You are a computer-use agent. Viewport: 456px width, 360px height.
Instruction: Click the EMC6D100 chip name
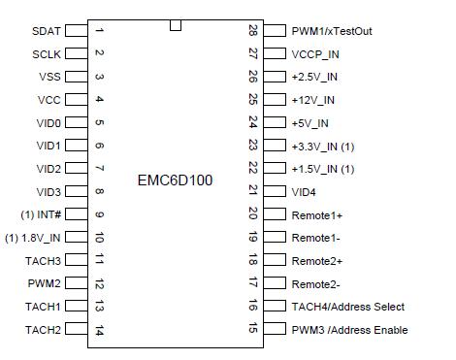pyautogui.click(x=176, y=180)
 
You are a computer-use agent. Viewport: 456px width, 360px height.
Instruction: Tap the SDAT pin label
pyautogui.click(x=46, y=31)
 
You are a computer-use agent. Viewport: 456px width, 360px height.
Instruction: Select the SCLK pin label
pyautogui.click(x=46, y=54)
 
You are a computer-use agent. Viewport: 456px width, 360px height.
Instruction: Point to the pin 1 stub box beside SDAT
pyautogui.click(x=77, y=31)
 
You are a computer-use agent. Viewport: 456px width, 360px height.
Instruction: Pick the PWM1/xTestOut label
pyautogui.click(x=332, y=31)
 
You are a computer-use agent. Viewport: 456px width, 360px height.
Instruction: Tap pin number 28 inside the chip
pyautogui.click(x=253, y=31)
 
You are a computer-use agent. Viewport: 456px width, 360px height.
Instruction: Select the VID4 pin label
pyautogui.click(x=304, y=192)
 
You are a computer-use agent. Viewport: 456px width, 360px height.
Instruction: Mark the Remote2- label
pyautogui.click(x=316, y=284)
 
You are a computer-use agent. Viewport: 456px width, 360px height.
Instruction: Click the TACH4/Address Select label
pyautogui.click(x=348, y=307)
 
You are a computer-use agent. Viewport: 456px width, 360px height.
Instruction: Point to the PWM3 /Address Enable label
pyautogui.click(x=349, y=330)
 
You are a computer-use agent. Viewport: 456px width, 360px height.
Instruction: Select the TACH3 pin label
pyautogui.click(x=43, y=261)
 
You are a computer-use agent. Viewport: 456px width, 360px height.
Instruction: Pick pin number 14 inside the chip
pyautogui.click(x=99, y=330)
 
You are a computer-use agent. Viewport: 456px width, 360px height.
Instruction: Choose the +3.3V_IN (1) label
pyautogui.click(x=323, y=147)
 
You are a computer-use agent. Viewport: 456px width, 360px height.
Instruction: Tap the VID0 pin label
pyautogui.click(x=49, y=123)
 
